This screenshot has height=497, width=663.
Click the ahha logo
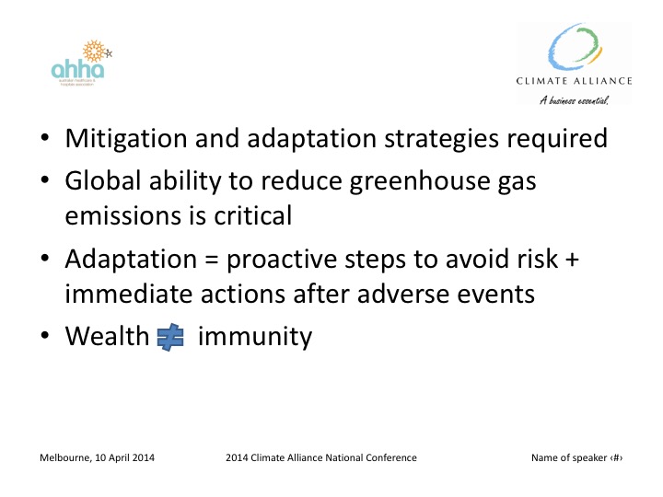coord(79,64)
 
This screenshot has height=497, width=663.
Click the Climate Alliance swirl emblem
coord(577,49)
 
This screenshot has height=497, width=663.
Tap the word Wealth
coord(107,337)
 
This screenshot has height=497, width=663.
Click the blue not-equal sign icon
coord(171,338)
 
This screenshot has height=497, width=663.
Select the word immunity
coord(255,337)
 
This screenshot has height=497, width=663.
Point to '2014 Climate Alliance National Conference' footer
coord(320,458)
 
